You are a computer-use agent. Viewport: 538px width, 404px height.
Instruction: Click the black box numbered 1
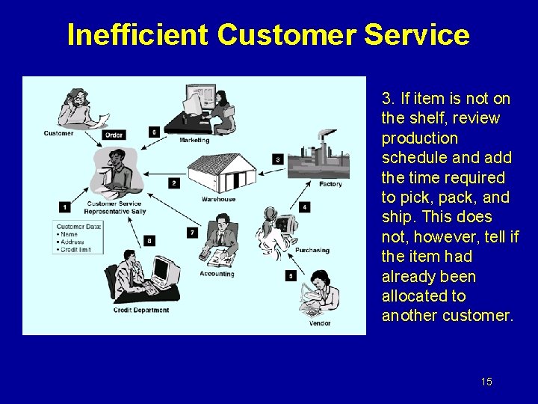[x=64, y=206]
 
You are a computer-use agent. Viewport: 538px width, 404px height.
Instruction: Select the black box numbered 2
[x=173, y=183]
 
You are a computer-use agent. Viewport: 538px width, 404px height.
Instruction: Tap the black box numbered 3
[x=277, y=159]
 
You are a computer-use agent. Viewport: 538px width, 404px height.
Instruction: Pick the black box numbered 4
[x=304, y=206]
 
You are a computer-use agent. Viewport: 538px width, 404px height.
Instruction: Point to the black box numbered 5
[x=290, y=276]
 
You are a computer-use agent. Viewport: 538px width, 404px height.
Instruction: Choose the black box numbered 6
[x=154, y=132]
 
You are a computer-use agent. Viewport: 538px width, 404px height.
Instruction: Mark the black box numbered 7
[x=192, y=233]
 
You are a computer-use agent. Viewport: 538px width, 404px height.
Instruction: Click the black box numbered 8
[x=150, y=240]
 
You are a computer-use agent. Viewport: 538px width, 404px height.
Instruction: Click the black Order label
[x=114, y=135]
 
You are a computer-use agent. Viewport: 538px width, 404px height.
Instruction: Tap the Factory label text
[x=330, y=184]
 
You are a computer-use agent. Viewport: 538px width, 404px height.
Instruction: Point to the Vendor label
[x=319, y=323]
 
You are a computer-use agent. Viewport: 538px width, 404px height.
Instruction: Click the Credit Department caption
[x=140, y=310]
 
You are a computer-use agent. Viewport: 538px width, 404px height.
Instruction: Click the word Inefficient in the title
[x=137, y=34]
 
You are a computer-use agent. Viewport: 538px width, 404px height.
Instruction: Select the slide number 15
[x=486, y=382]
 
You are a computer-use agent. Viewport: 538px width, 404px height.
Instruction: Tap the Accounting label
[x=217, y=274]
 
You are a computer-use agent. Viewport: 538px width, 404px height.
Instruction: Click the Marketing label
[x=194, y=140]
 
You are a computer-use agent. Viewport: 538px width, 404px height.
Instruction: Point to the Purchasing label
[x=312, y=250]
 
